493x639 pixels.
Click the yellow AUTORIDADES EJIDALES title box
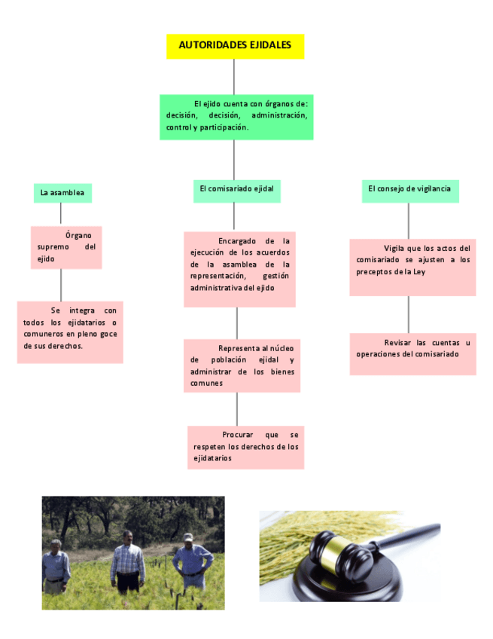click(x=235, y=46)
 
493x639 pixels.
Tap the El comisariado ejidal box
click(x=236, y=188)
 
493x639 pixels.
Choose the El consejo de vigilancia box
click(x=409, y=188)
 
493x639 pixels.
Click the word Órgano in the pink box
click(x=78, y=235)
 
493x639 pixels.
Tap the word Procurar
click(x=239, y=435)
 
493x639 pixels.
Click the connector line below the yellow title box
click(x=234, y=76)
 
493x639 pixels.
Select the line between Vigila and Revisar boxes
click(x=409, y=314)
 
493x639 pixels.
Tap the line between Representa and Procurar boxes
click(x=237, y=409)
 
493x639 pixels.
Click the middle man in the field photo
click(x=128, y=561)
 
